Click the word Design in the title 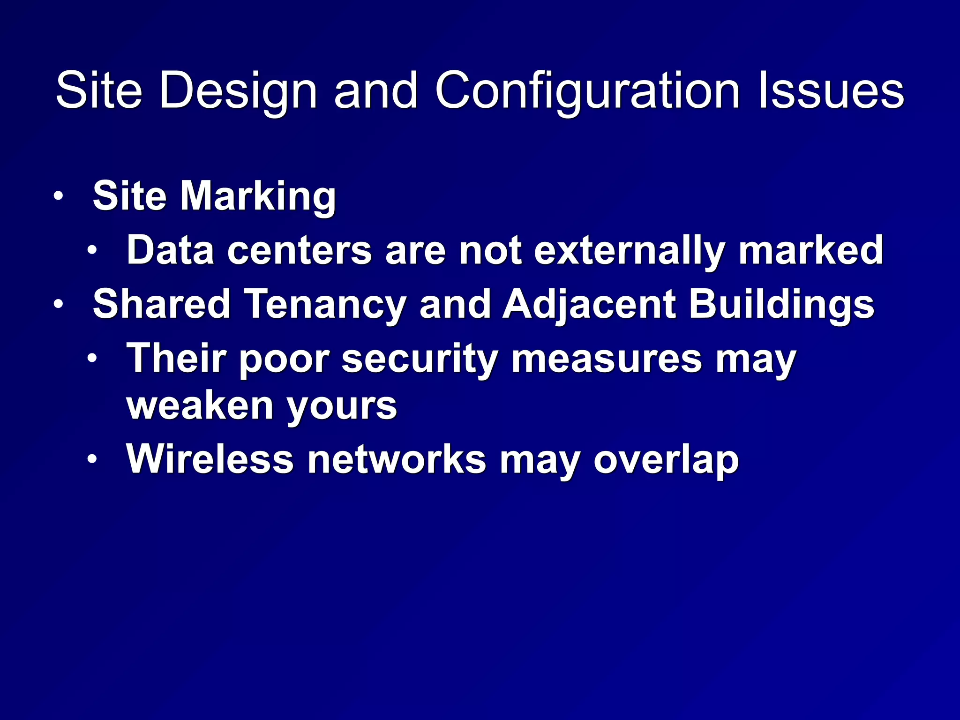point(238,91)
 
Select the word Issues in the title point(831,91)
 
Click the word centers point(300,250)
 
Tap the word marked point(810,250)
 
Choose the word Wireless point(210,459)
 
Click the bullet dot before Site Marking point(58,196)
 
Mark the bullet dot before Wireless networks point(92,458)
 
